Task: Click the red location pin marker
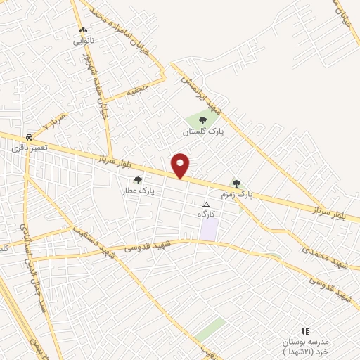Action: [181, 166]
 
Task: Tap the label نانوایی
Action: [83, 41]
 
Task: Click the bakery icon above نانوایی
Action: [83, 30]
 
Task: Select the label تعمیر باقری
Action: [29, 148]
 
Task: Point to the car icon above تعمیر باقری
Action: [29, 137]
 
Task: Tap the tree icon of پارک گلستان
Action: [202, 121]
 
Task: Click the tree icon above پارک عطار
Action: [138, 180]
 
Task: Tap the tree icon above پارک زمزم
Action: [236, 183]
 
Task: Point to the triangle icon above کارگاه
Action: [206, 203]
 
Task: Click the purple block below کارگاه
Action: [209, 229]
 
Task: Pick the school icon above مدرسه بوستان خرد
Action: [304, 330]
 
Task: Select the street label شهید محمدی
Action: [324, 256]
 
